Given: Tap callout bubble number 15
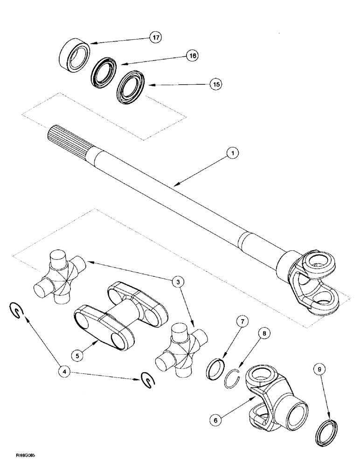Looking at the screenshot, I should click(215, 84).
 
